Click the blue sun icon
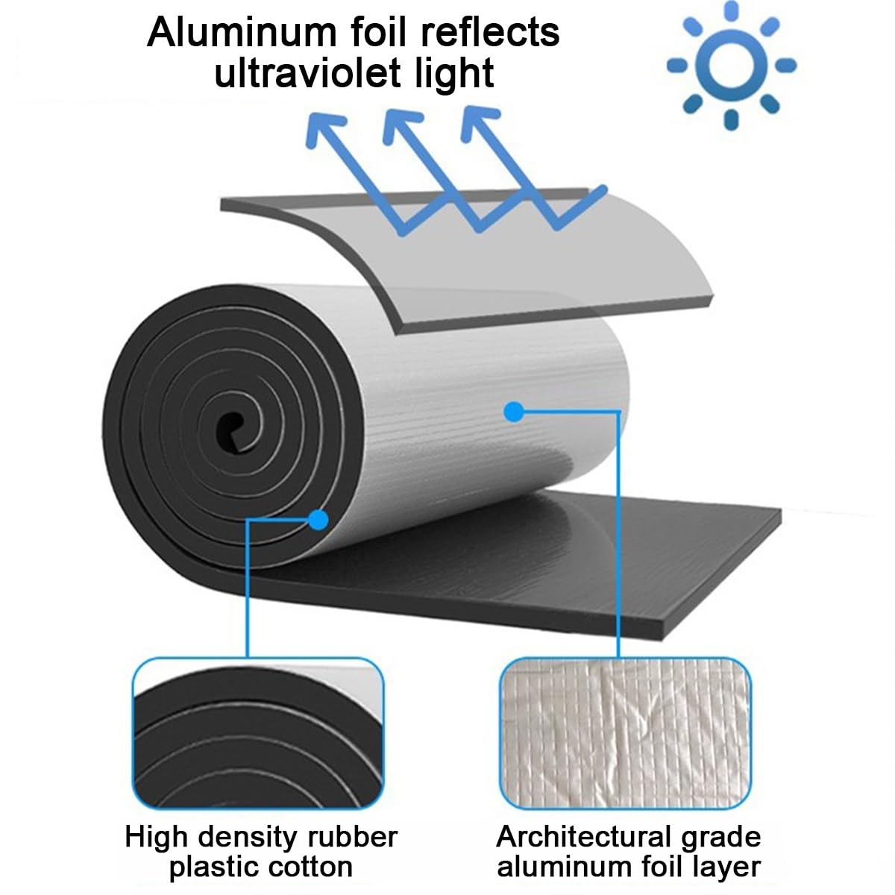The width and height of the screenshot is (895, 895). coord(732,65)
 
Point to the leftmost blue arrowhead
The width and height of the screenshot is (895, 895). coord(323,125)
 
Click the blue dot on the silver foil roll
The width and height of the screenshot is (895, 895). coord(513,410)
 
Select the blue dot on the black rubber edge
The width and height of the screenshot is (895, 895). coord(318,519)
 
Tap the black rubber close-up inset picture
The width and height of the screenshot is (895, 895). coord(258,733)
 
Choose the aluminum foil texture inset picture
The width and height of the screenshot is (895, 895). coord(625,733)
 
